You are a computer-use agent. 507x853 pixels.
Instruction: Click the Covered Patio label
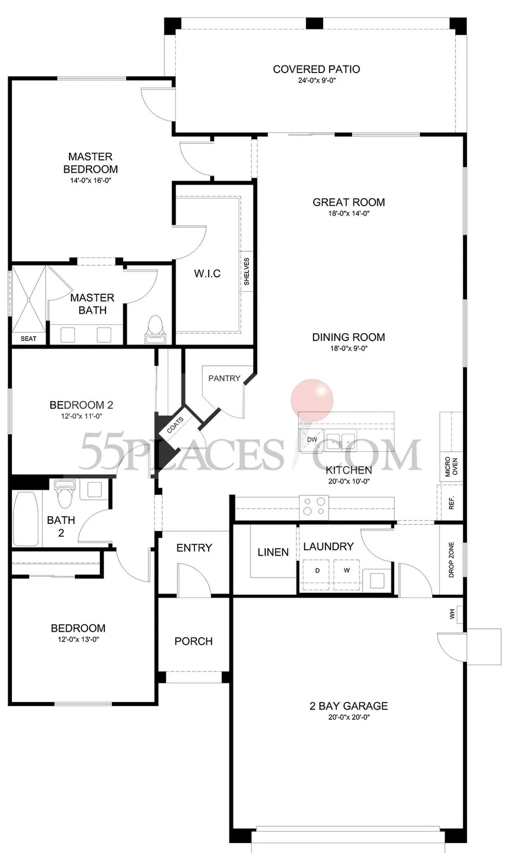317,69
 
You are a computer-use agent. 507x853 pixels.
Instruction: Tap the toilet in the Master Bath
155,329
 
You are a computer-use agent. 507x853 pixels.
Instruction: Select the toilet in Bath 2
65,493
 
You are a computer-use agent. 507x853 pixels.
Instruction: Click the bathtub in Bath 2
26,519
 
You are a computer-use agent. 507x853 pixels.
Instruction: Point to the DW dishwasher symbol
312,439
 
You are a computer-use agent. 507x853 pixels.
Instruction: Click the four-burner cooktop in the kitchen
314,507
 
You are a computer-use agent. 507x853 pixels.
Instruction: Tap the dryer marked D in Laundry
317,570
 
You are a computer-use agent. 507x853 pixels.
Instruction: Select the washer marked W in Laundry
347,570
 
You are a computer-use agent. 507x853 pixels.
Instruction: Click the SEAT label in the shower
28,339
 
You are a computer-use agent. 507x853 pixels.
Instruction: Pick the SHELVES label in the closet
246,271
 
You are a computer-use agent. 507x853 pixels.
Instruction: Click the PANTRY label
224,378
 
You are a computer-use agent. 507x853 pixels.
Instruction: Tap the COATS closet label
176,425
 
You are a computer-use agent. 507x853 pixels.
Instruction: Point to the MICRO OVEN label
452,467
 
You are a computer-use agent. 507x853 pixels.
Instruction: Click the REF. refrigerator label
452,503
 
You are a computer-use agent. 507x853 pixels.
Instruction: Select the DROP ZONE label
452,560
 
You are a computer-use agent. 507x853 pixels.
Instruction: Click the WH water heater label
452,614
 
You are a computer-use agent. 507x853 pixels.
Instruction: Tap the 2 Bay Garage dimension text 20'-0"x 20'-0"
349,717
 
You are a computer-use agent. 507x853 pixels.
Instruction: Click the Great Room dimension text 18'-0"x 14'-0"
349,214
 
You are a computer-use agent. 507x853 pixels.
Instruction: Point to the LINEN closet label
273,552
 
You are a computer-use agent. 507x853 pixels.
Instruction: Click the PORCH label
193,641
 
